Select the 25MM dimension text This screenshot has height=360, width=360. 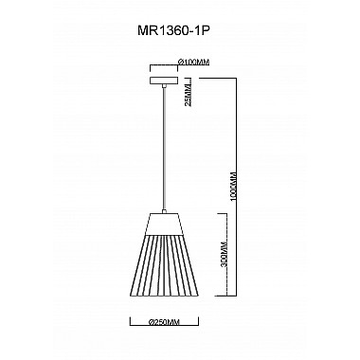click(188, 94)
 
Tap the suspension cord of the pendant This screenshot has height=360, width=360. click(165, 152)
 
